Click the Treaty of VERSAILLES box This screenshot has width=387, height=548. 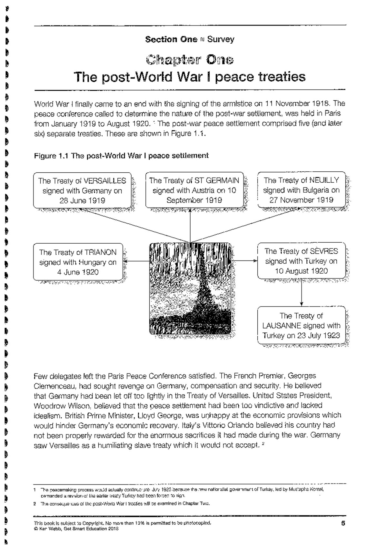[x=82, y=190]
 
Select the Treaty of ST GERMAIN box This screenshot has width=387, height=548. [x=194, y=190]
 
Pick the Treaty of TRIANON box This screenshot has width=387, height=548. [x=78, y=262]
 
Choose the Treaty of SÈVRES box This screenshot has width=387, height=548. [x=301, y=261]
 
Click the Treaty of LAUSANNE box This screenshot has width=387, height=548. [x=301, y=325]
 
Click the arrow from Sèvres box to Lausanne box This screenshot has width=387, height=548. [x=302, y=292]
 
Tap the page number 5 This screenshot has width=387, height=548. [x=343, y=523]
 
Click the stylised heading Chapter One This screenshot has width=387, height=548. [x=190, y=60]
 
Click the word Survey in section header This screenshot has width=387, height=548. [x=221, y=39]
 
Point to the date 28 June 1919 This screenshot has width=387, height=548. [x=82, y=200]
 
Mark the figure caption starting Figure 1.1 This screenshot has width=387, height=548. [x=121, y=156]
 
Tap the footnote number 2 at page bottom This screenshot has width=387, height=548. [x=35, y=503]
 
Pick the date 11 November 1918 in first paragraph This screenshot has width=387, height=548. [x=297, y=104]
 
